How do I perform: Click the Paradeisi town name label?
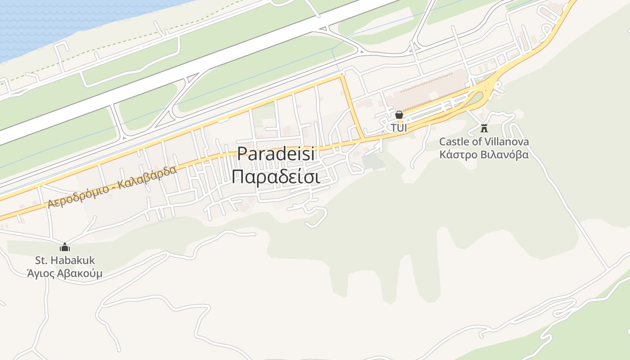(275, 154)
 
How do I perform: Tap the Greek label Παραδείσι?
(275, 176)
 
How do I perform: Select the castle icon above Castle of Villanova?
(484, 128)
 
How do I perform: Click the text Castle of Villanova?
(484, 142)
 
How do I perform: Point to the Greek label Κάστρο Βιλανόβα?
(484, 155)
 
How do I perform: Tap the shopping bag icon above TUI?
(399, 115)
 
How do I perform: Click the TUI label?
(399, 128)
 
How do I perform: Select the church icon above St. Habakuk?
(65, 247)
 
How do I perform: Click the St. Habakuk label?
(65, 260)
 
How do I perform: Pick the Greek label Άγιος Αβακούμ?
(64, 273)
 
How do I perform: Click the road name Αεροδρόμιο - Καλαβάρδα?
(112, 188)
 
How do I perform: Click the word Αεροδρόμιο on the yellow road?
(78, 197)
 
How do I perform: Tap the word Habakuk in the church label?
(75, 260)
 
